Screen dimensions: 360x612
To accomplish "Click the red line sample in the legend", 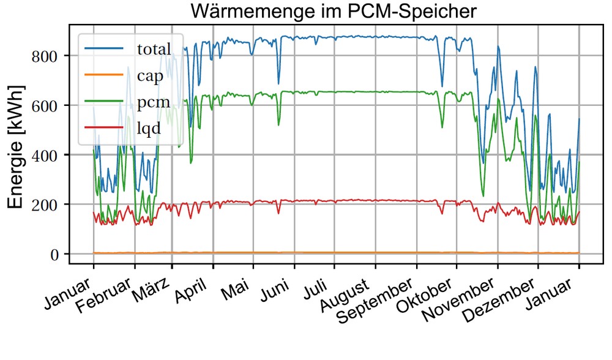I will pyautogui.click(x=104, y=127).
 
